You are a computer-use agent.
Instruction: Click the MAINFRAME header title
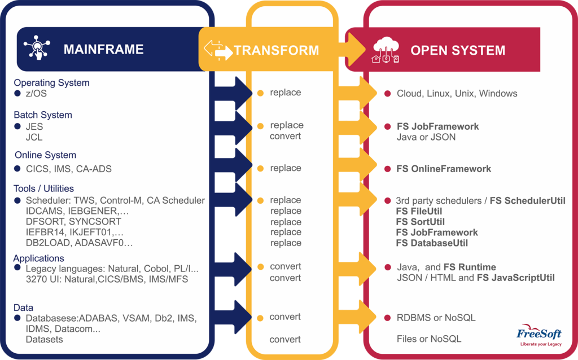(103, 49)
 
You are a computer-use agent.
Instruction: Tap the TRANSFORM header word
(277, 50)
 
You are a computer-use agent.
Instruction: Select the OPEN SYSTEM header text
(458, 50)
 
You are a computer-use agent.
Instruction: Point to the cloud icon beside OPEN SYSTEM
(386, 49)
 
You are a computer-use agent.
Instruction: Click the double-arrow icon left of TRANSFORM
(218, 50)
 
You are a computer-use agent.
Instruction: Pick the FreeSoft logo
(538, 335)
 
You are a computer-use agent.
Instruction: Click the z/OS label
(36, 94)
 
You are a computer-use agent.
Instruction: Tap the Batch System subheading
(43, 115)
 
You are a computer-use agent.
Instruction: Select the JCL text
(34, 137)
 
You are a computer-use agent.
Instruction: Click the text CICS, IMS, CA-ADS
(69, 169)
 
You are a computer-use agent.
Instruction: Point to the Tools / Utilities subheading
(43, 188)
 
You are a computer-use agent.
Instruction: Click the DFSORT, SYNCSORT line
(73, 222)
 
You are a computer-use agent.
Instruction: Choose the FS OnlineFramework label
(444, 169)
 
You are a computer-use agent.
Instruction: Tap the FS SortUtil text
(420, 222)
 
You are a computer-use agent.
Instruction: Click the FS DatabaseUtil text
(432, 243)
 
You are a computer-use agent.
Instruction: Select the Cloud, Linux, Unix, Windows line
(457, 94)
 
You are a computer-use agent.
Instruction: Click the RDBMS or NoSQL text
(436, 318)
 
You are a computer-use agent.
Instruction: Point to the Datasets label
(44, 339)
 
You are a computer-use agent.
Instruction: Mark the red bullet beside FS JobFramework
(387, 127)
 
